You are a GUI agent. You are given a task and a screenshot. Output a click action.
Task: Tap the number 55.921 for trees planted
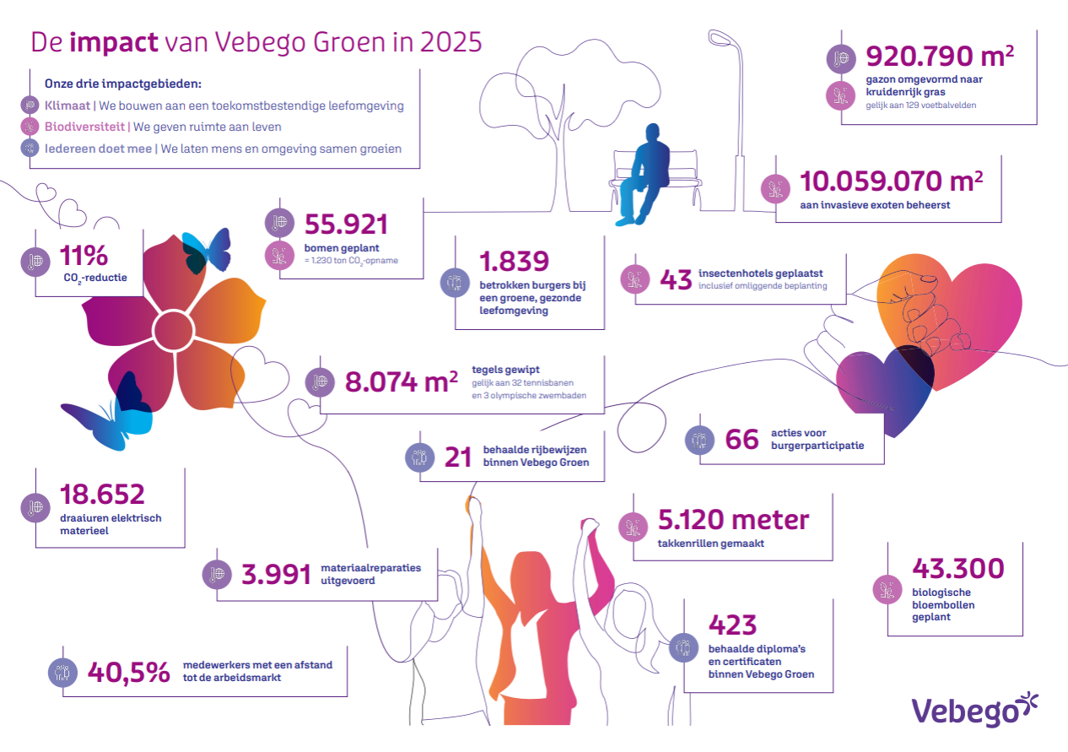[346, 225]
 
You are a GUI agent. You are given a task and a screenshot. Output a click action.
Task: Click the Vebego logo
[974, 709]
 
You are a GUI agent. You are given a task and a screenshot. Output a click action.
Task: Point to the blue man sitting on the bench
[643, 175]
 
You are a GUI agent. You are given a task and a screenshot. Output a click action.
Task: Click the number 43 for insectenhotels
[676, 280]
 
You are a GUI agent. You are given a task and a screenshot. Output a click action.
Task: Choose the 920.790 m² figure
[940, 57]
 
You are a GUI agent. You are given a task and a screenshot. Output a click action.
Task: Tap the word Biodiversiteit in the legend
[84, 127]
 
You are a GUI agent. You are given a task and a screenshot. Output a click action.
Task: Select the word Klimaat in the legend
[67, 105]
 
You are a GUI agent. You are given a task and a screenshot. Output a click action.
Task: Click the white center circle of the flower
[173, 330]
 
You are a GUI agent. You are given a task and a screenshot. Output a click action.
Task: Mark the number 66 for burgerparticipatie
[742, 440]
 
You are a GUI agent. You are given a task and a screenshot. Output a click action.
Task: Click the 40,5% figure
[129, 673]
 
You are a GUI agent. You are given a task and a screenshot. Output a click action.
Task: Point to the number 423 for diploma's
[732, 625]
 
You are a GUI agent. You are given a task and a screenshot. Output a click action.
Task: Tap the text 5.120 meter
[733, 520]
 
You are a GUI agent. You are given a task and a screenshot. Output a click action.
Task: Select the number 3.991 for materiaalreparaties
[276, 575]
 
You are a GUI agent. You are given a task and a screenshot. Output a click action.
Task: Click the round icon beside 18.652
[35, 508]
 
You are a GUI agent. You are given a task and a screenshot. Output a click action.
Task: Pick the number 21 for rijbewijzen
[458, 457]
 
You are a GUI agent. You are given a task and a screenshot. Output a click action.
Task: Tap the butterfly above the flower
[208, 252]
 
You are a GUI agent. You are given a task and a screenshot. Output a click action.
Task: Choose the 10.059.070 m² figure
[891, 181]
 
